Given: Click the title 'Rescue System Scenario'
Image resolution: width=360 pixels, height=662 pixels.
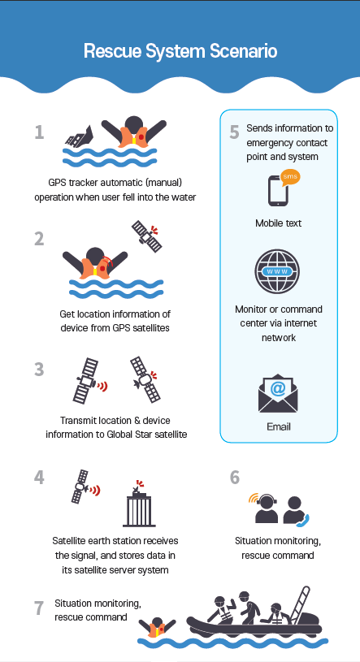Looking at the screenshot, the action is click(x=180, y=51).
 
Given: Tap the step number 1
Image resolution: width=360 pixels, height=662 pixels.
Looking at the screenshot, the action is click(x=39, y=132).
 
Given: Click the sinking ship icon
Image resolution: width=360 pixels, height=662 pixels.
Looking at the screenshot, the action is click(x=79, y=136).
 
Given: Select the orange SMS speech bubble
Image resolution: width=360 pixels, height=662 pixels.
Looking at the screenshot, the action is click(x=290, y=176).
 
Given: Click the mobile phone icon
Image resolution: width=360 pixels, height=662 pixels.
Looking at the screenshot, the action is click(x=279, y=190).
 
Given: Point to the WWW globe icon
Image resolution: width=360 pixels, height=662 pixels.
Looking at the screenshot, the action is click(x=277, y=271).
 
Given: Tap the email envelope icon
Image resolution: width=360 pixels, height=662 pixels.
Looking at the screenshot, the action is click(x=278, y=393).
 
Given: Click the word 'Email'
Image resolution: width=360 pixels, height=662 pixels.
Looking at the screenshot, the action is click(x=279, y=426).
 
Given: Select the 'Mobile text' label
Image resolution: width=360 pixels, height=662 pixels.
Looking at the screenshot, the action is click(x=279, y=223).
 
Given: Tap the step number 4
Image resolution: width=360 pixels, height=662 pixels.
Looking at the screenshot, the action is click(x=39, y=478).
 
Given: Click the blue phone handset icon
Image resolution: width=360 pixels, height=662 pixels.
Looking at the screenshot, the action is click(x=303, y=521).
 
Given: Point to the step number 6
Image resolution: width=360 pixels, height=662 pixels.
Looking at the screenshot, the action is click(x=235, y=478).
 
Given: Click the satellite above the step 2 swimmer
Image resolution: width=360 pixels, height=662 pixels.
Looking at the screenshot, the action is click(x=147, y=236).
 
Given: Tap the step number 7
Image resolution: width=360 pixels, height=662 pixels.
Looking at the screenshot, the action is click(x=38, y=608).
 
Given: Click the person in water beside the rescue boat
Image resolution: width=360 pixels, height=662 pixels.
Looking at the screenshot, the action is click(x=157, y=628).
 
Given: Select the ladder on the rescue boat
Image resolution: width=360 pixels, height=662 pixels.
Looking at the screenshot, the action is click(x=298, y=604).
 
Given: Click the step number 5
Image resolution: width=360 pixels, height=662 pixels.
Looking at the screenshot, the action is click(x=235, y=132).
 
